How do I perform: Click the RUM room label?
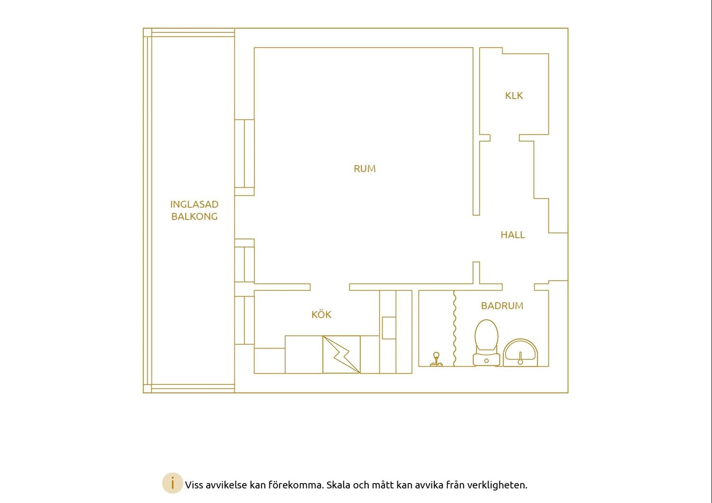[x=365, y=168]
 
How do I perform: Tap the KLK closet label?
[x=514, y=96]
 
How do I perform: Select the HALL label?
[x=513, y=235]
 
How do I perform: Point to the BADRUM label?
[x=502, y=306]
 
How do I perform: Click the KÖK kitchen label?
[x=321, y=314]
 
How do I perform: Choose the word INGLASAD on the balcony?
[x=194, y=204]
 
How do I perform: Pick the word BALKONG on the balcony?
[x=194, y=216]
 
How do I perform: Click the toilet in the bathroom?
[x=487, y=343]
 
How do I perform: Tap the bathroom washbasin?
[x=520, y=353]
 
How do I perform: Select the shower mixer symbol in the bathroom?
[x=436, y=359]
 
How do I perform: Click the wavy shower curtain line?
[x=455, y=328]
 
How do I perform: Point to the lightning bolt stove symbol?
[x=342, y=354]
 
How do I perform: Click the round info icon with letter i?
[x=173, y=483]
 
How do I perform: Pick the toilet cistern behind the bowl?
[x=487, y=360]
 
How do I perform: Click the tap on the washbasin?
[x=520, y=358]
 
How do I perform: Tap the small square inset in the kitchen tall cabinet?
[x=389, y=327]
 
